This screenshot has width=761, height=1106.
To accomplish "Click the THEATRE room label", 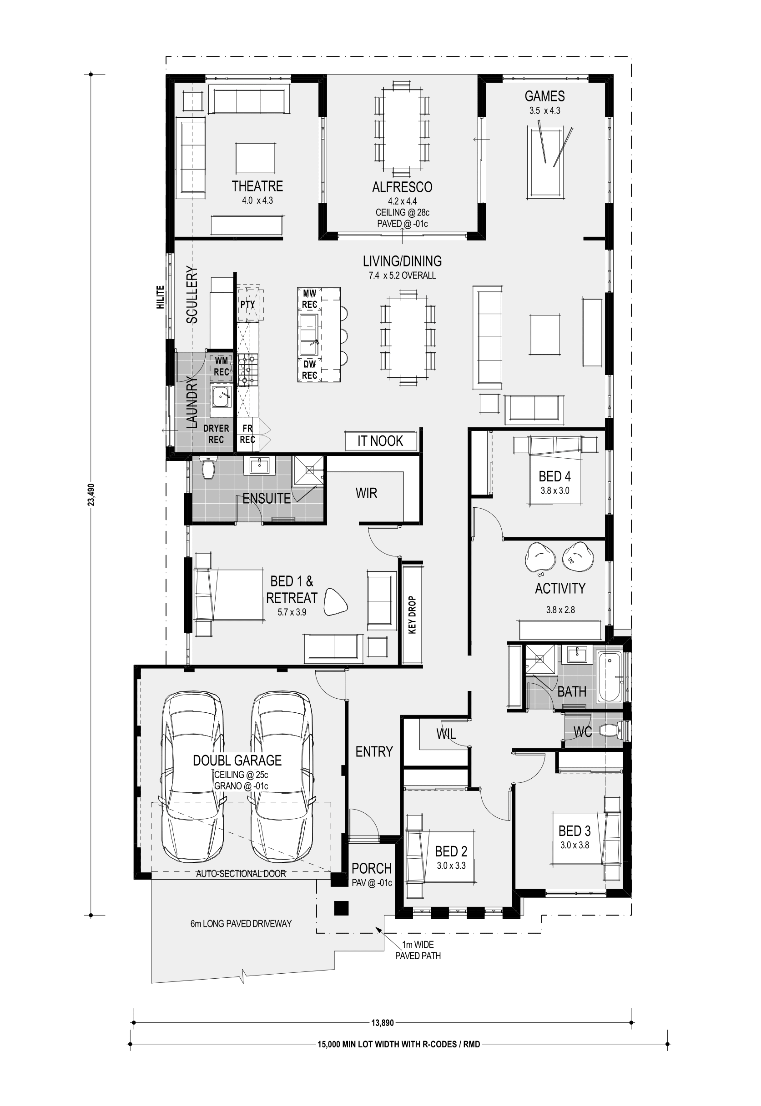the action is point(257,186).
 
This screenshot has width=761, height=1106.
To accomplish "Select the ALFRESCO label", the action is point(402,187).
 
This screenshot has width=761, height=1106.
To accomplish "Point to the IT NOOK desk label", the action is point(380,441).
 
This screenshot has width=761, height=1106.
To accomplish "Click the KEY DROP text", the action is point(413,615).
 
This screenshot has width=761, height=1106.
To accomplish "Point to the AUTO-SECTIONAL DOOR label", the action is point(241,873).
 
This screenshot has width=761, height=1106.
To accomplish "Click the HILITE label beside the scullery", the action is point(160,297).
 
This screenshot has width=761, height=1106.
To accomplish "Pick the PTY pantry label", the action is point(247,304).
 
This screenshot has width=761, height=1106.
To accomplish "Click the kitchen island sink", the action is point(309,328).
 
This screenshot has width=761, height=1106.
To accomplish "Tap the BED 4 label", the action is point(554,476).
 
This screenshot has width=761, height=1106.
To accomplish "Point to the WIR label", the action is point(366,493).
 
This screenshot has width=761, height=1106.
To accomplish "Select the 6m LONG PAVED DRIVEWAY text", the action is point(241,924).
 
